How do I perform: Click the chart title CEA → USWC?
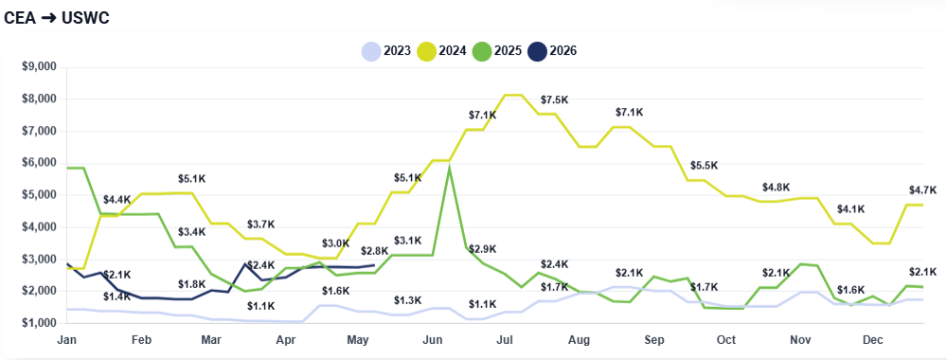tap(57, 18)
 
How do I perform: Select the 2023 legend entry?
tap(386, 51)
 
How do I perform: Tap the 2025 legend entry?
tap(497, 51)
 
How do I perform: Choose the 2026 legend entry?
tap(552, 51)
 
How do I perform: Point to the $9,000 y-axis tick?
tap(39, 67)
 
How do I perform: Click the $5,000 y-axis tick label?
tap(39, 195)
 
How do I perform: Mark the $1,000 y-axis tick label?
tap(39, 323)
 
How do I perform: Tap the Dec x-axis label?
tap(873, 341)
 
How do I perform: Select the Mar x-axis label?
tap(212, 341)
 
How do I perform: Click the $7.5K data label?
tap(554, 99)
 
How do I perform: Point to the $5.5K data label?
tap(704, 166)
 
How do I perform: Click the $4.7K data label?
tap(922, 190)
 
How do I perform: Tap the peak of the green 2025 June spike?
tap(449, 166)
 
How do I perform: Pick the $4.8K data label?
tap(776, 188)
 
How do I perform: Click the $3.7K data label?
tap(260, 225)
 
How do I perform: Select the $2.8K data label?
tap(374, 251)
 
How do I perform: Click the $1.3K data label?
tap(407, 301)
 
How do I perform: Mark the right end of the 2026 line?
tap(374, 265)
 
